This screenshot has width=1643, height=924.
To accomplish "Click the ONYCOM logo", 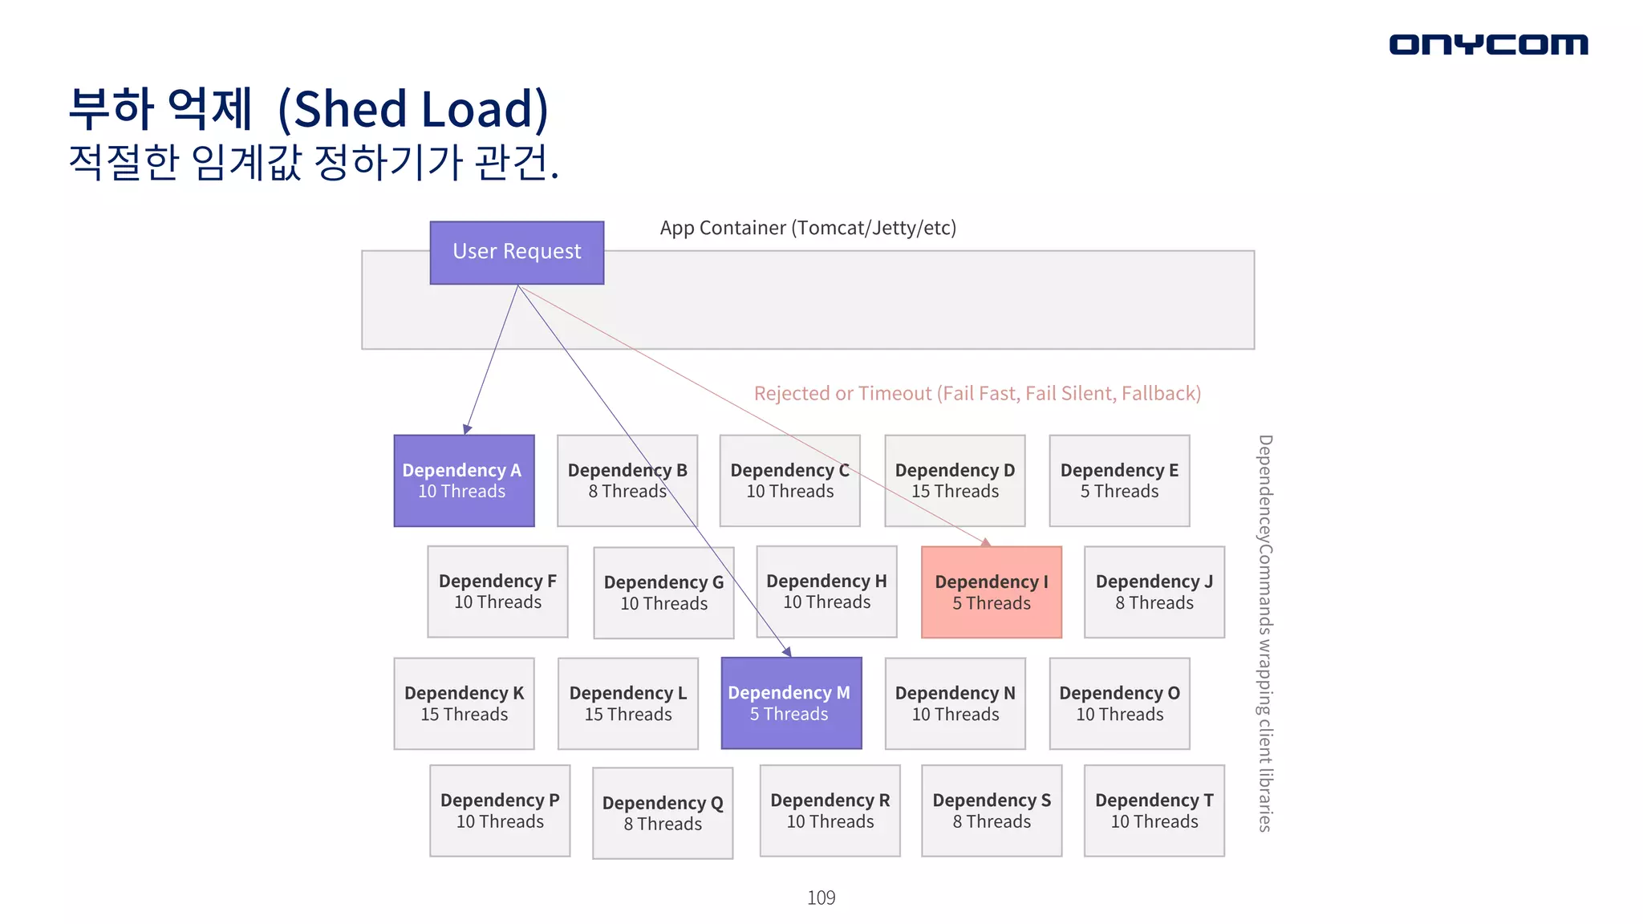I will [x=1487, y=44].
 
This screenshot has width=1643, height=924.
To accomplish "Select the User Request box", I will [x=517, y=253].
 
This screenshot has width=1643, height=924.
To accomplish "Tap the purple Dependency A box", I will [x=464, y=480].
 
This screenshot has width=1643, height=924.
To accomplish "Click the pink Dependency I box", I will [x=991, y=593].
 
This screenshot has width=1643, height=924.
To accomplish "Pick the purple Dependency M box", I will [x=791, y=703].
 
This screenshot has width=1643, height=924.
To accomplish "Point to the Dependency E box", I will [x=1119, y=480].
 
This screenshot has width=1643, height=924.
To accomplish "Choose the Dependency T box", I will [x=1154, y=810].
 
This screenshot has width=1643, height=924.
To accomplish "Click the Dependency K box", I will [x=464, y=703].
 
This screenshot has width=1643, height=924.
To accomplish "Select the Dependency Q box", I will [x=663, y=813].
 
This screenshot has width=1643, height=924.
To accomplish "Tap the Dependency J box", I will [x=1154, y=593].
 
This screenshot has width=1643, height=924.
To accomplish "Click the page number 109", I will [x=821, y=898].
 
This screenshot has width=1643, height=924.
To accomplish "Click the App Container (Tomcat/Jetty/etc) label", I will [x=808, y=228].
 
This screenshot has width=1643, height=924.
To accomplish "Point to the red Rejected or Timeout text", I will [x=977, y=393].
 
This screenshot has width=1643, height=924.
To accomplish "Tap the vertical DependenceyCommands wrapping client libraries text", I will [x=1265, y=634].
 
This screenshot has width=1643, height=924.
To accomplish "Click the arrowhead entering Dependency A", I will [x=468, y=429].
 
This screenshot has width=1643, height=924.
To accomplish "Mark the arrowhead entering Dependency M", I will [x=787, y=651].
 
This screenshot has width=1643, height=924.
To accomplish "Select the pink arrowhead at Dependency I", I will [x=986, y=542].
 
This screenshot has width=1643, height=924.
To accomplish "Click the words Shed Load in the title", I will [x=413, y=109].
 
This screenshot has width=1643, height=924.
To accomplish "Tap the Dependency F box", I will [x=497, y=592].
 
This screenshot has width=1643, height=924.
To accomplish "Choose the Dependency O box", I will [x=1119, y=703].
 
